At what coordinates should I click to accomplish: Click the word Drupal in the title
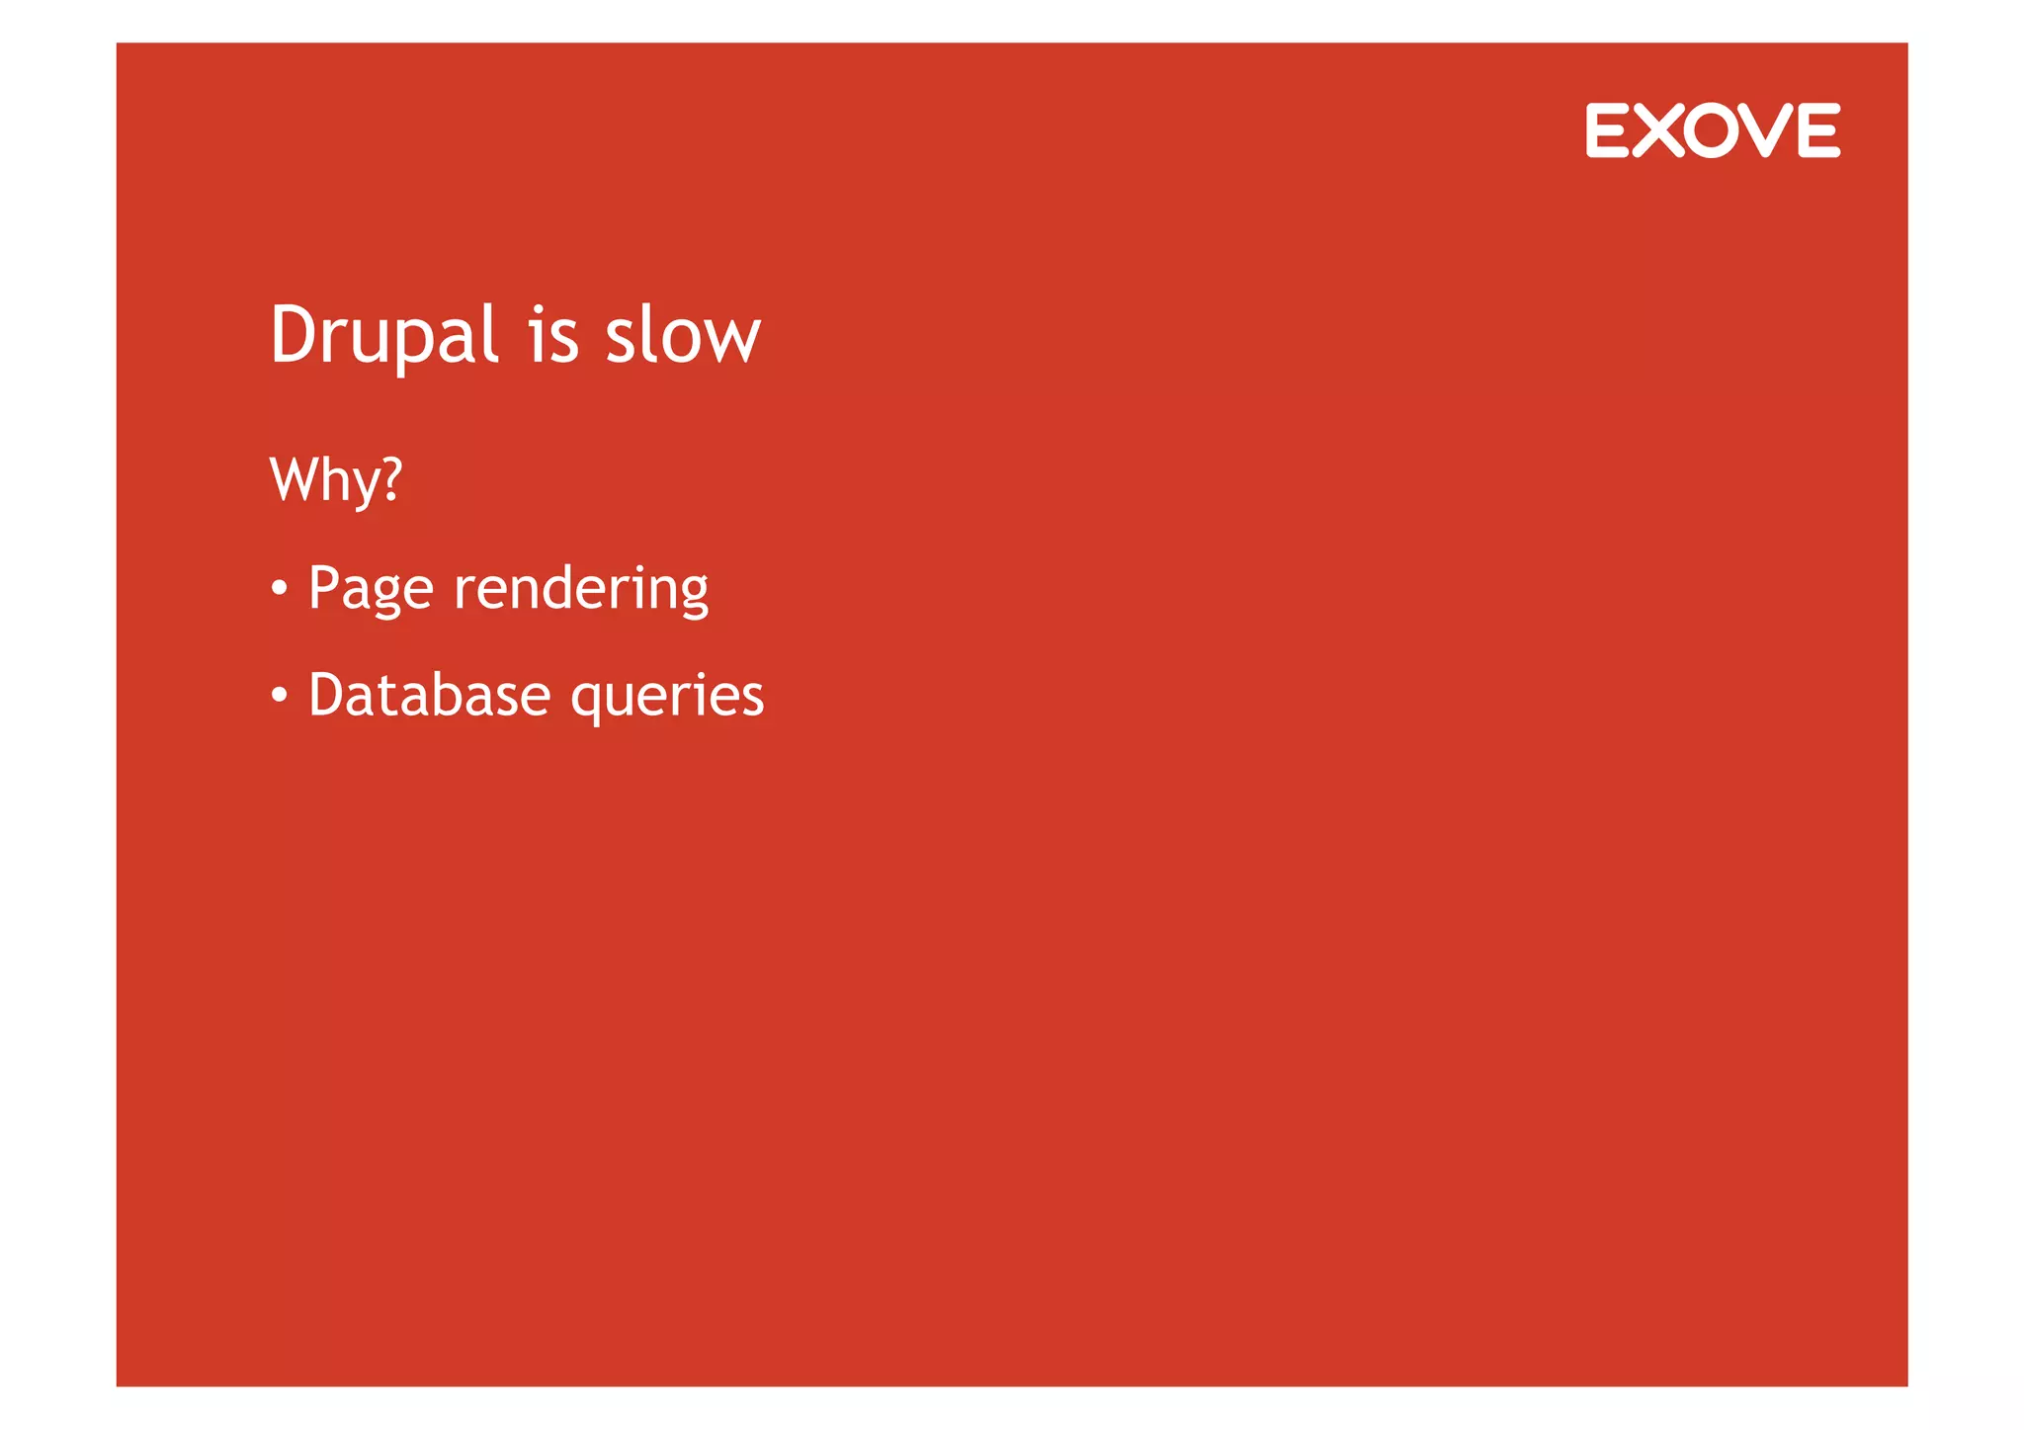click(x=383, y=336)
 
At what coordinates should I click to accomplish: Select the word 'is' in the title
click(x=552, y=336)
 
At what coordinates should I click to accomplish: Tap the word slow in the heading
click(x=682, y=336)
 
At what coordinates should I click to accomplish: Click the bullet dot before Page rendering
click(x=280, y=589)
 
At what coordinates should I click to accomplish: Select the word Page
click(x=371, y=589)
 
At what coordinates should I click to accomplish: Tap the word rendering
click(x=580, y=589)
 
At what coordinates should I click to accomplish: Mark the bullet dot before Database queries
click(x=280, y=696)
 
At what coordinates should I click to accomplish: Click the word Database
click(x=429, y=695)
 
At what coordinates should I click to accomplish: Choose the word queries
click(x=667, y=697)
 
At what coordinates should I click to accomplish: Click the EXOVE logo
click(x=1713, y=130)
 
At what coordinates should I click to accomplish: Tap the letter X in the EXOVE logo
click(x=1658, y=130)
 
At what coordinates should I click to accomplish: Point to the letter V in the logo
click(x=1767, y=130)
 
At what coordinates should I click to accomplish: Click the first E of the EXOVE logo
click(x=1606, y=130)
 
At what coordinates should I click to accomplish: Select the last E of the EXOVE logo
click(x=1819, y=130)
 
